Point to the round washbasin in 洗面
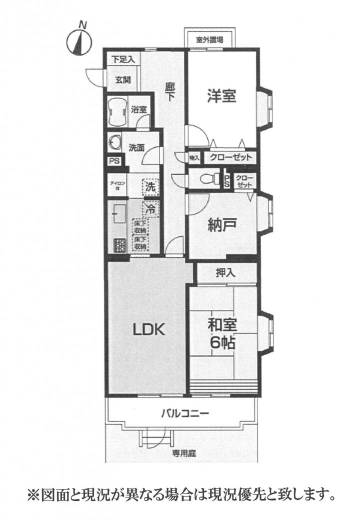[x=113, y=143]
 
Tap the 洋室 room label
[x=221, y=95]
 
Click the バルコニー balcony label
[x=184, y=414]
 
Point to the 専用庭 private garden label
[x=183, y=453]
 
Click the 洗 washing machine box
[x=150, y=187]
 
